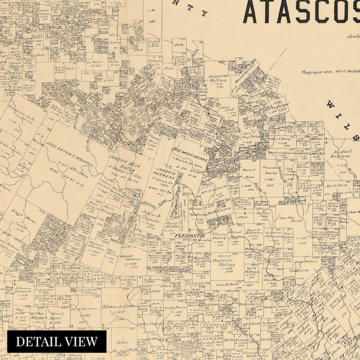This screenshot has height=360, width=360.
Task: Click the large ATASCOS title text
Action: (x=302, y=12)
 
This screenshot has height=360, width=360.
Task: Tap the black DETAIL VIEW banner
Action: (x=57, y=341)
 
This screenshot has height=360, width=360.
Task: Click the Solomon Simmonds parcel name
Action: (x=17, y=289)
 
